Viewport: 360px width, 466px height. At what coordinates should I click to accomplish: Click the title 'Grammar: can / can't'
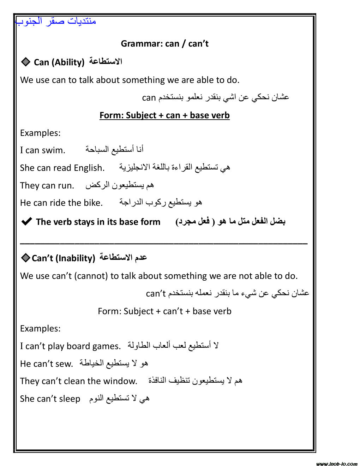click(x=164, y=44)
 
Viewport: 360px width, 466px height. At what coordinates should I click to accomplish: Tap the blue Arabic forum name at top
click(x=56, y=21)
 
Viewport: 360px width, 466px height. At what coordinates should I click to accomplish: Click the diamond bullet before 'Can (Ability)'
click(x=25, y=62)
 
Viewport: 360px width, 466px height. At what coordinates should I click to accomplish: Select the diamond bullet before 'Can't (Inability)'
click(x=25, y=258)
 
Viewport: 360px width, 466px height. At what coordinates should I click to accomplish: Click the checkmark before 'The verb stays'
click(x=27, y=222)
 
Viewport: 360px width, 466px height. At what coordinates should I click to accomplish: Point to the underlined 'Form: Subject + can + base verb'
click(x=164, y=115)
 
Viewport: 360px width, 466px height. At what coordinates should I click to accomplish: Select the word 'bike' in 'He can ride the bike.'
click(x=93, y=203)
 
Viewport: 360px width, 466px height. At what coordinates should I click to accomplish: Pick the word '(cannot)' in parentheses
click(x=91, y=276)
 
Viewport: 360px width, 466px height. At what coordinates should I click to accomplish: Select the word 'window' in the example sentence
click(x=120, y=381)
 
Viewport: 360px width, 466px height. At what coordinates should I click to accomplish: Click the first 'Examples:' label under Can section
click(x=40, y=133)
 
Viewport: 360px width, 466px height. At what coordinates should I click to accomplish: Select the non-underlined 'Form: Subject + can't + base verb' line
click(x=164, y=311)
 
